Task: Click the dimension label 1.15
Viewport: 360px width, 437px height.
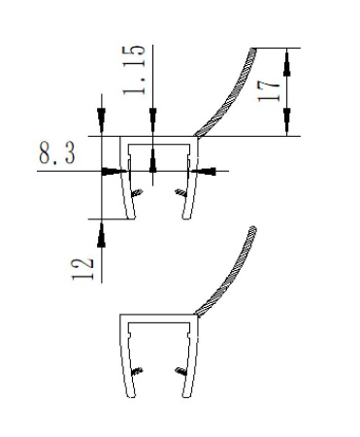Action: (x=133, y=70)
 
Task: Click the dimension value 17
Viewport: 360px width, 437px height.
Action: (x=268, y=91)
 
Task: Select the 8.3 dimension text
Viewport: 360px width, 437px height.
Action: (x=57, y=153)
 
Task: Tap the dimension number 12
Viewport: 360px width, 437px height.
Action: (x=82, y=269)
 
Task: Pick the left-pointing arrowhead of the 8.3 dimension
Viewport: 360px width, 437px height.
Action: (x=204, y=171)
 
